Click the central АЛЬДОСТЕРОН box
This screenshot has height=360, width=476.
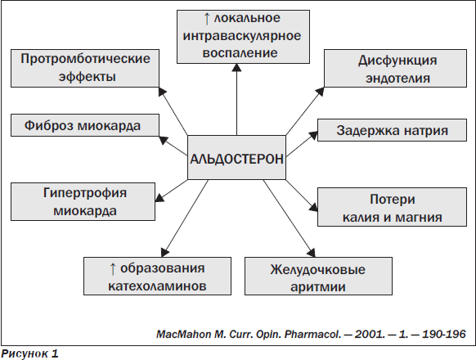pos(236,157)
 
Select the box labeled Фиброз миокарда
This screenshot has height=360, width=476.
pos(85,125)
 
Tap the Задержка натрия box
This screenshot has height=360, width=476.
pos(392,130)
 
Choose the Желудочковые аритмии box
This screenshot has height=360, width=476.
pos(318,277)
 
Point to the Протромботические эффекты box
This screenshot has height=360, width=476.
pos(85,69)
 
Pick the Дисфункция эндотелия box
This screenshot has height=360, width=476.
pos(395,69)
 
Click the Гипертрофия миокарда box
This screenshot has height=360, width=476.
pos(83,201)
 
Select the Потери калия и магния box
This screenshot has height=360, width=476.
pos(392,207)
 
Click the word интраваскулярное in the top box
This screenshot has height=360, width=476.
pos(242,36)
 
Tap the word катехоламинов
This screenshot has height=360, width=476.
pos(157,286)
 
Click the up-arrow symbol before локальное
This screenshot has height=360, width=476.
pos(207,19)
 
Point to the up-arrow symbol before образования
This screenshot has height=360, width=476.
pos(113,269)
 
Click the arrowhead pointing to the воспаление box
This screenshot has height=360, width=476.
pos(236,67)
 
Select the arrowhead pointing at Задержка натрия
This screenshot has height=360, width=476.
pos(313,136)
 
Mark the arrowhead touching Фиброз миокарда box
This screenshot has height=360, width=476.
pos(164,140)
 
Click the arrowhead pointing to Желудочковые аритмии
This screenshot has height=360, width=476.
pos(312,253)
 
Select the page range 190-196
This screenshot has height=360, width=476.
pos(444,334)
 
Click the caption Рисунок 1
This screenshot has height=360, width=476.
pos(29,353)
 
